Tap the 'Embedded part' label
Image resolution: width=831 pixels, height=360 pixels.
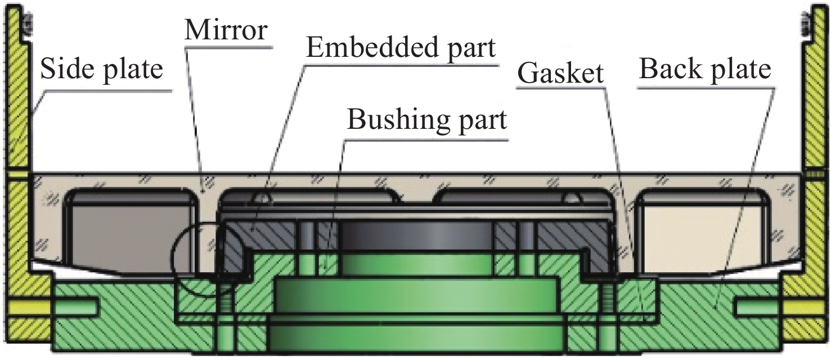401,48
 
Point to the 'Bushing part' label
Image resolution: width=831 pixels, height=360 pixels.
426,120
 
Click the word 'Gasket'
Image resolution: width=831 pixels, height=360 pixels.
560,74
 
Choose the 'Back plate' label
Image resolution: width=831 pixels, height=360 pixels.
704,70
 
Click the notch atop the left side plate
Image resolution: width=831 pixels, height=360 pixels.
26,22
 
